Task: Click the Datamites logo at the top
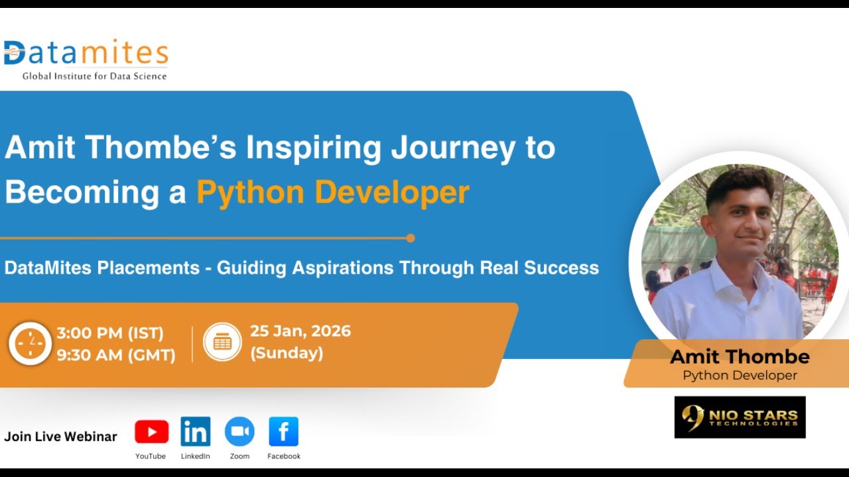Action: point(86,53)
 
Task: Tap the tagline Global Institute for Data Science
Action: point(94,76)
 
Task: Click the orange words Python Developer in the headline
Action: point(332,192)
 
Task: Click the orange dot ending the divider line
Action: point(410,238)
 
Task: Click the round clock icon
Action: point(30,343)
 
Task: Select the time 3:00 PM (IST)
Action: point(110,333)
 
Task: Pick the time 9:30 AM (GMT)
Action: point(116,356)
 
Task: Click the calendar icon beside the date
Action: point(222,342)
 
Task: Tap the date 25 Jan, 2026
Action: point(300,331)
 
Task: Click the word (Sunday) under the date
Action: point(287,354)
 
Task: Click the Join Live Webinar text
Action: point(60,437)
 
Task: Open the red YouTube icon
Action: point(151,432)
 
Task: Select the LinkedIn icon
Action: point(195,432)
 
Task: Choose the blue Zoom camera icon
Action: point(239,432)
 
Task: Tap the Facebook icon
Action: point(283,432)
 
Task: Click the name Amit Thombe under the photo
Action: point(740,357)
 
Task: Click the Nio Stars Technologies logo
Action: point(740,417)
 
